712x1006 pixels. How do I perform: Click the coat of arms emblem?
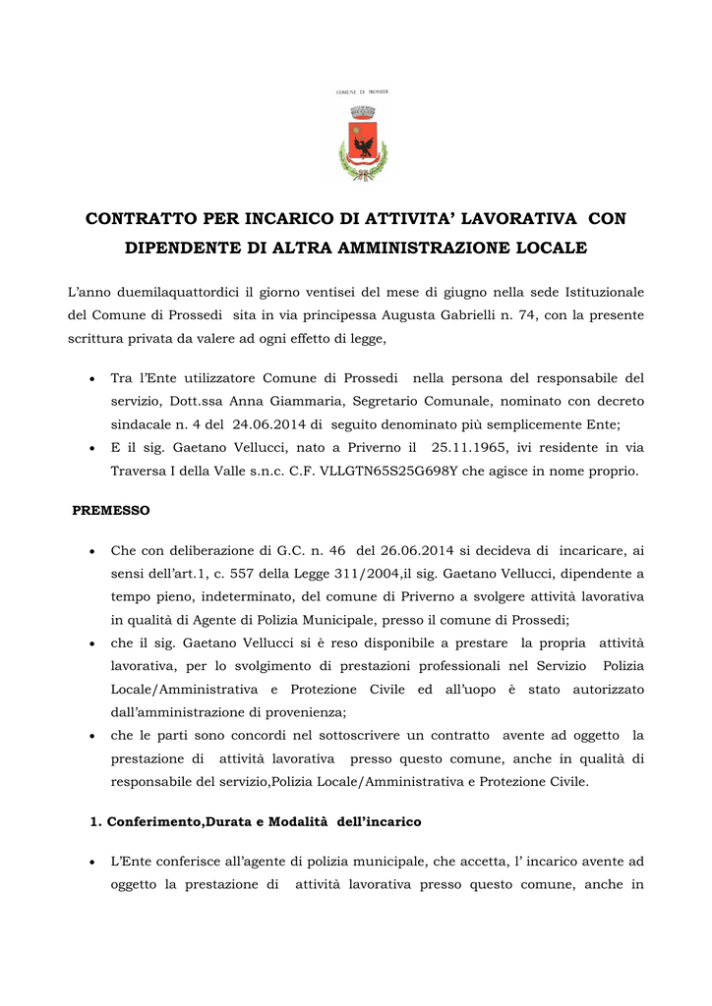tap(363, 141)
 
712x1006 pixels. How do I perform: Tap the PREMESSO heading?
tap(112, 511)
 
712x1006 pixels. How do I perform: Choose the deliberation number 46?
tap(337, 550)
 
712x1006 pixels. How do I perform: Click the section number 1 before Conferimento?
tap(94, 821)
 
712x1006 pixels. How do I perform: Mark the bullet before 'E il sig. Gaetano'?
tap(90, 448)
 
